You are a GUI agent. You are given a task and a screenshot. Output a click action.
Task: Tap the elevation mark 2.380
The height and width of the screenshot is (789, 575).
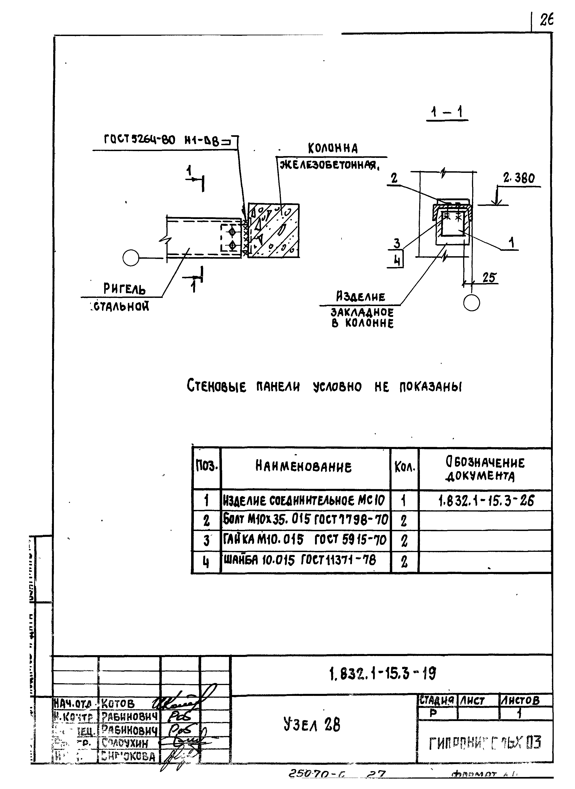coord(519,179)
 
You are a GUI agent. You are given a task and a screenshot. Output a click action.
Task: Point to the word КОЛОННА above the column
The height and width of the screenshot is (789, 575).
coord(333,148)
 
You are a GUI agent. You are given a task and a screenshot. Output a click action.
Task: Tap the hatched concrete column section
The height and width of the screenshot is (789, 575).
coord(273,231)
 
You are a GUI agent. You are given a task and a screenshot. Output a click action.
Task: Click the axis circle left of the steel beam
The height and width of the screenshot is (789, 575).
coord(131,258)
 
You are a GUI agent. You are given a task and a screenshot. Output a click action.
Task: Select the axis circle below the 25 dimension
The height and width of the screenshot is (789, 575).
coord(472,303)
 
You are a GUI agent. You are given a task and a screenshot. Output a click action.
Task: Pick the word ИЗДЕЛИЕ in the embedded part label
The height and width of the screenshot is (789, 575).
coord(361,297)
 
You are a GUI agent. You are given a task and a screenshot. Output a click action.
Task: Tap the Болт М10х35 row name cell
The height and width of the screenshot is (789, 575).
coord(306,520)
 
